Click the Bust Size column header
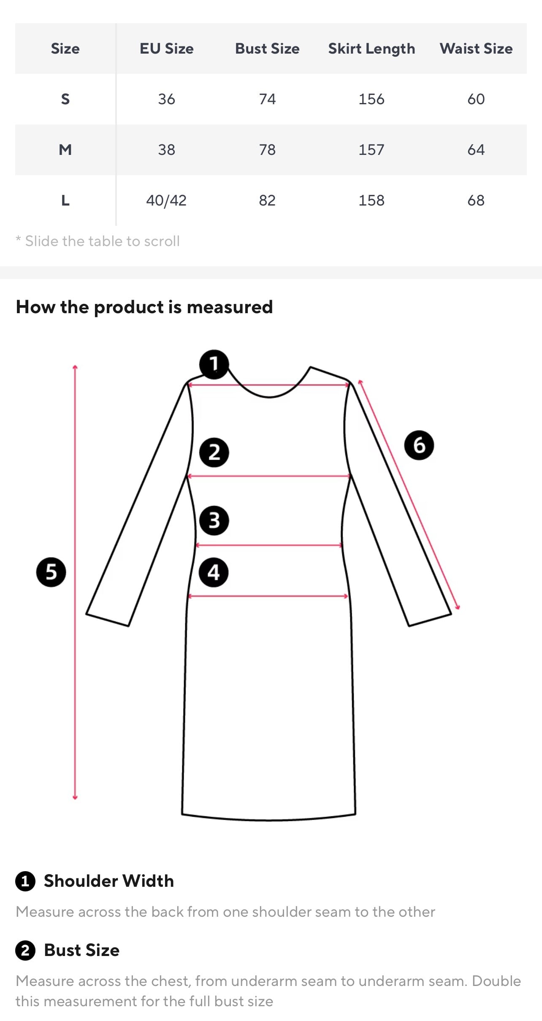click(267, 49)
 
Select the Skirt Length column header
click(371, 49)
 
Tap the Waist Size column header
click(476, 49)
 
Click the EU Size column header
click(167, 49)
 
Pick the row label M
click(65, 150)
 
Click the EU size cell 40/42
click(166, 200)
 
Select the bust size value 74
click(267, 99)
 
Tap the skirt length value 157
click(371, 150)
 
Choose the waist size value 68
click(476, 200)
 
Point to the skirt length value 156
click(371, 99)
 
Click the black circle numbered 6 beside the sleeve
click(419, 445)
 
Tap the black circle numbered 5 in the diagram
click(51, 572)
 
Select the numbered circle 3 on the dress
click(214, 520)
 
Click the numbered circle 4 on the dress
click(214, 572)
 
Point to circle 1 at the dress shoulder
click(214, 364)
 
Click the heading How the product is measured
click(144, 307)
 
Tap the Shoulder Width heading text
click(109, 881)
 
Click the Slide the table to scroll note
click(98, 241)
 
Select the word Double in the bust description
click(496, 980)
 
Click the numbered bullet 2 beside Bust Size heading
click(25, 951)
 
